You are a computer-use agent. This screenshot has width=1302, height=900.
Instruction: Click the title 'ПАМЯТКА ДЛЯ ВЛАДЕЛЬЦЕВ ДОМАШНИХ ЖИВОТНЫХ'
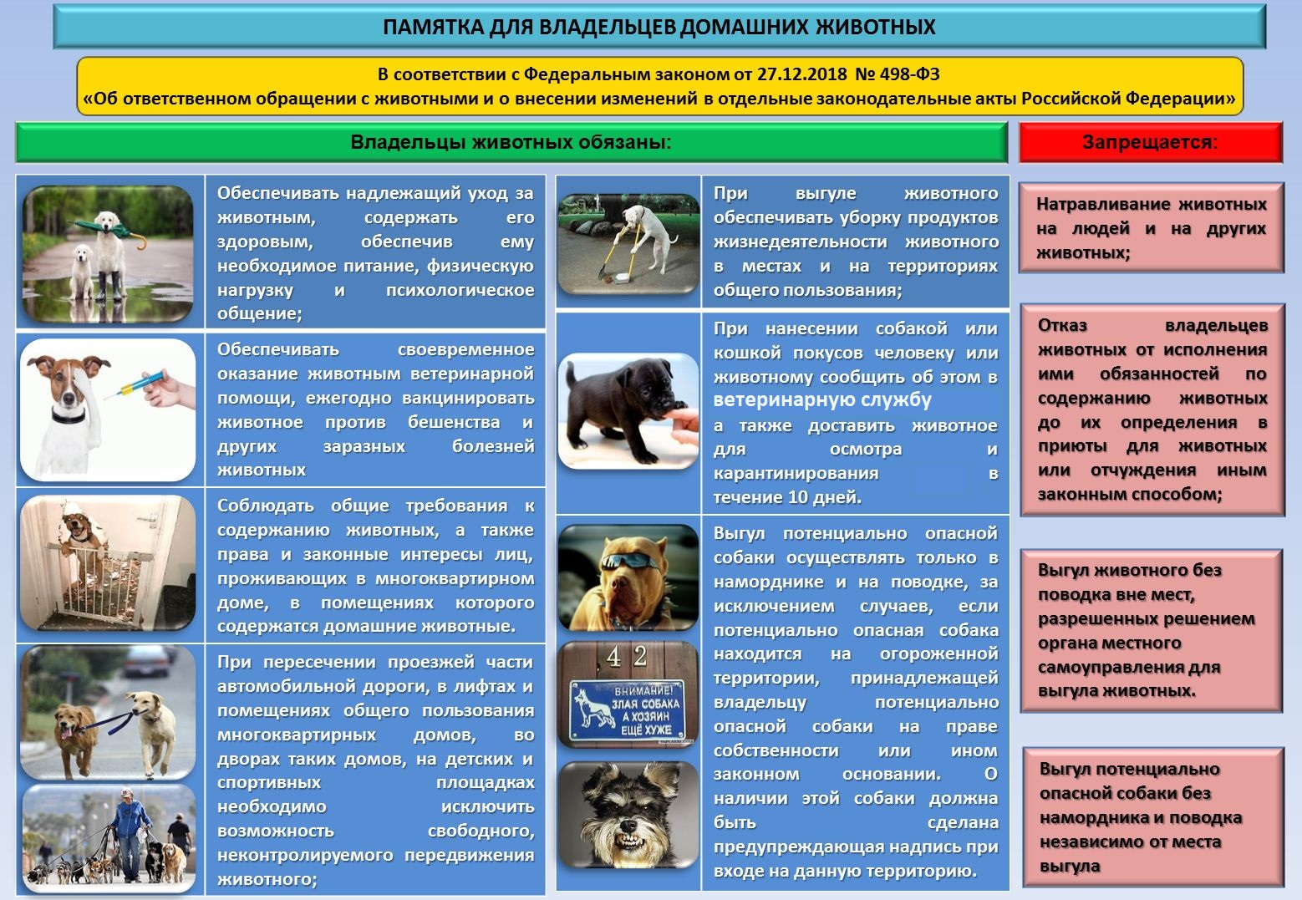(659, 28)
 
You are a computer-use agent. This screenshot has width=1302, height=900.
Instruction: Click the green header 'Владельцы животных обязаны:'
(511, 142)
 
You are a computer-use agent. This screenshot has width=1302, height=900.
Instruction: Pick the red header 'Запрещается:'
(1150, 142)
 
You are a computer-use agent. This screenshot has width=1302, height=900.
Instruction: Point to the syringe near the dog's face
(138, 385)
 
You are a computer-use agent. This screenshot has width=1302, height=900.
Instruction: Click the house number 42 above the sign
(627, 657)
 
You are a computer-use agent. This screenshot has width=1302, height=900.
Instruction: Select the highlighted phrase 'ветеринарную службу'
(822, 400)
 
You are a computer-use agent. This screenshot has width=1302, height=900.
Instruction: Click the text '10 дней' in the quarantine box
(824, 497)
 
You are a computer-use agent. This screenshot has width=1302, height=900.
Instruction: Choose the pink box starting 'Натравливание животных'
(1151, 228)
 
